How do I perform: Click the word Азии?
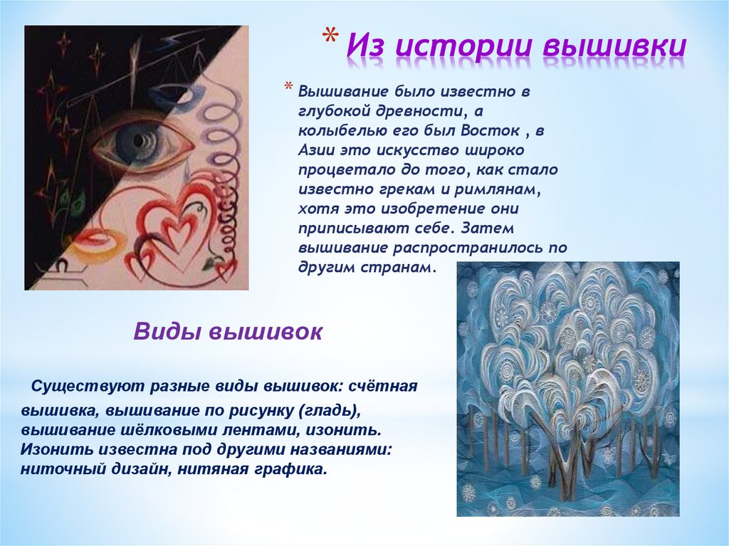point(315,151)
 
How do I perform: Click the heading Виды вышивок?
point(229,332)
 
